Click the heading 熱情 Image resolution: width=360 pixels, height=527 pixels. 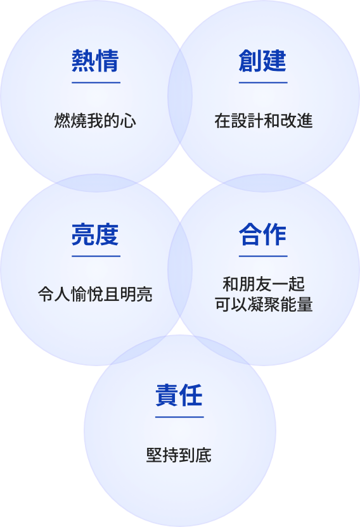click(x=95, y=61)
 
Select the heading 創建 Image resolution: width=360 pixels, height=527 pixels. click(x=262, y=61)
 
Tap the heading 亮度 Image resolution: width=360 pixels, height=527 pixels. click(x=95, y=234)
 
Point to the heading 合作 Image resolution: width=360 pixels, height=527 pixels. click(x=262, y=234)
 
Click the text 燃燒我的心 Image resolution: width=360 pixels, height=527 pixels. click(x=95, y=120)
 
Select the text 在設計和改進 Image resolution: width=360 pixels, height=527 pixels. click(x=264, y=120)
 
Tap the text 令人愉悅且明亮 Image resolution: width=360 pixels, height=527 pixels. click(x=95, y=294)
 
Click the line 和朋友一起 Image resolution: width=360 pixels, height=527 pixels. click(x=264, y=284)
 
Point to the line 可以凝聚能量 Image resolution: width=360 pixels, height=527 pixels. click(x=264, y=305)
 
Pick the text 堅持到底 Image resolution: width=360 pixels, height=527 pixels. click(x=179, y=455)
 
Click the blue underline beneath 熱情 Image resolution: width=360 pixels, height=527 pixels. click(x=96, y=82)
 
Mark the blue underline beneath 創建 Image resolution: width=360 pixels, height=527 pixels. click(x=263, y=82)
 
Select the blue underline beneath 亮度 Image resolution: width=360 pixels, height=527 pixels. click(x=96, y=256)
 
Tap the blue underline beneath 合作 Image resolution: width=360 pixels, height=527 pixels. click(x=263, y=256)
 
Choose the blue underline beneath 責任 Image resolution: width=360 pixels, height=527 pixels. click(x=179, y=417)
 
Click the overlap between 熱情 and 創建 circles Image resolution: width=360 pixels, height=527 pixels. click(x=180, y=96)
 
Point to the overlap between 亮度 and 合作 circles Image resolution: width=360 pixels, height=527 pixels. click(x=180, y=269)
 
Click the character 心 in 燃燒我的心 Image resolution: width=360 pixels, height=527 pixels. click(x=129, y=121)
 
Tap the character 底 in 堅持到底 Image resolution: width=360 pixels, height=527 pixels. click(x=203, y=455)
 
